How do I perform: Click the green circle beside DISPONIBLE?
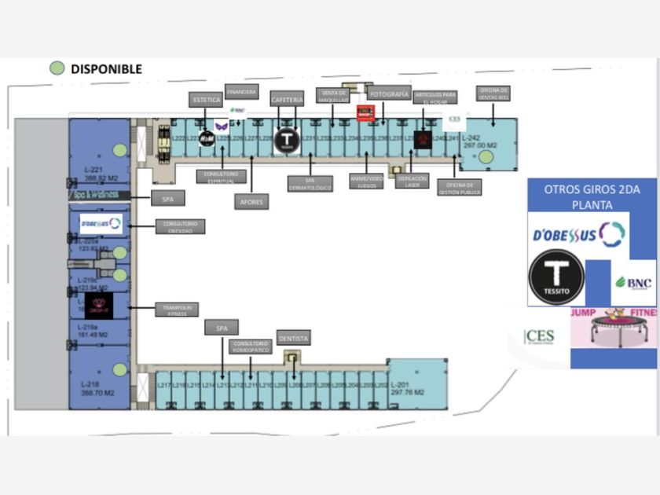point(57,68)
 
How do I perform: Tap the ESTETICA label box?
point(206,100)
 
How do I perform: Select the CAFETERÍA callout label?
point(286,99)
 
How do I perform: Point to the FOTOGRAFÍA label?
point(389,94)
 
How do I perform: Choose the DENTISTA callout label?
point(293,338)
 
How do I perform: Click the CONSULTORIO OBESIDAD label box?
point(181,226)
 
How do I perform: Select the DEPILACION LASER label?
point(412,181)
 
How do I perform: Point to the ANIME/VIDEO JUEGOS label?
point(366,181)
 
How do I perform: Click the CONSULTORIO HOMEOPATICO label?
point(251,346)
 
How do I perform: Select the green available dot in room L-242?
point(486,157)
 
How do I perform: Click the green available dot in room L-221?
point(119,149)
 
